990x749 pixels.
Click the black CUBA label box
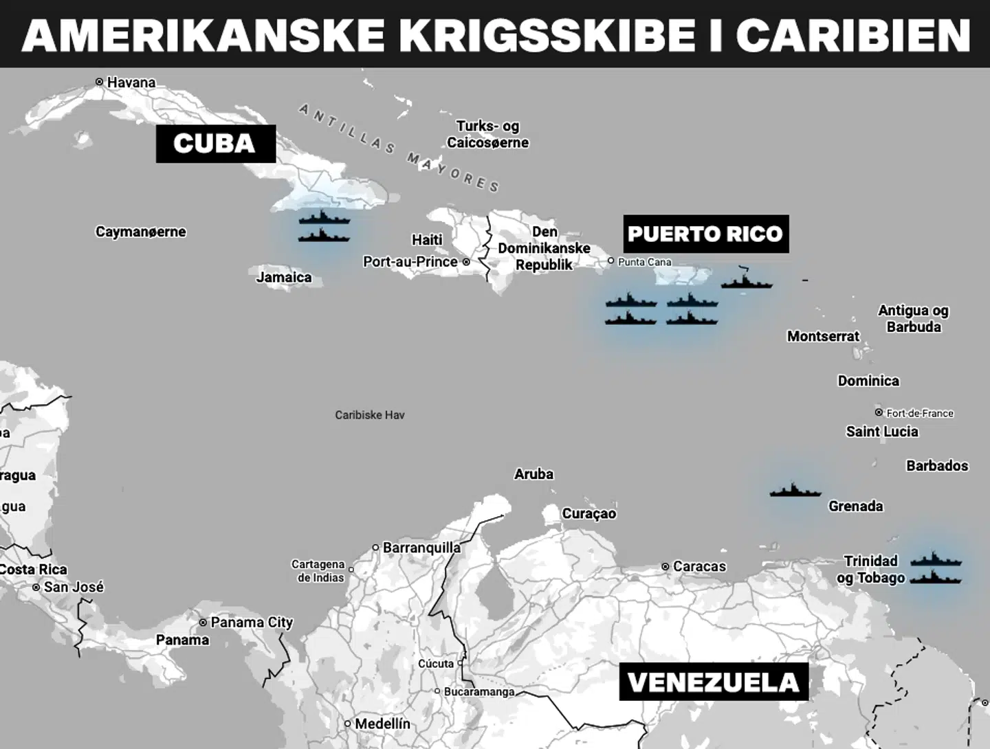click(x=215, y=144)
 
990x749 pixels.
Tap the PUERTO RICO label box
click(x=705, y=234)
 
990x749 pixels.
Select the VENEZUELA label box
click(x=713, y=682)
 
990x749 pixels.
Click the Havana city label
click(x=131, y=82)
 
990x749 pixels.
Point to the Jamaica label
click(x=284, y=278)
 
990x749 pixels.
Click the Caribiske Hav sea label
click(x=370, y=415)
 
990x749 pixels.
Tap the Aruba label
click(x=533, y=474)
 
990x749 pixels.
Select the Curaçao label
click(x=589, y=514)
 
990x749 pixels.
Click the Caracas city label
click(x=699, y=567)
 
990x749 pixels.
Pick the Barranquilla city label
click(x=421, y=548)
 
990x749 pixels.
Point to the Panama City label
click(x=251, y=623)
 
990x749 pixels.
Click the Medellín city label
click(x=382, y=724)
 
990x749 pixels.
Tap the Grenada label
click(x=855, y=506)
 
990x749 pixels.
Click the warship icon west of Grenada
click(x=795, y=491)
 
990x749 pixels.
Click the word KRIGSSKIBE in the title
click(x=547, y=34)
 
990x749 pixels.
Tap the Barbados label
click(x=937, y=466)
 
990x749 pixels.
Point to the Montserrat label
click(x=823, y=336)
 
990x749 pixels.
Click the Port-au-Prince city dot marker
click(x=466, y=262)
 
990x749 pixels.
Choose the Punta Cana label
click(x=644, y=262)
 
